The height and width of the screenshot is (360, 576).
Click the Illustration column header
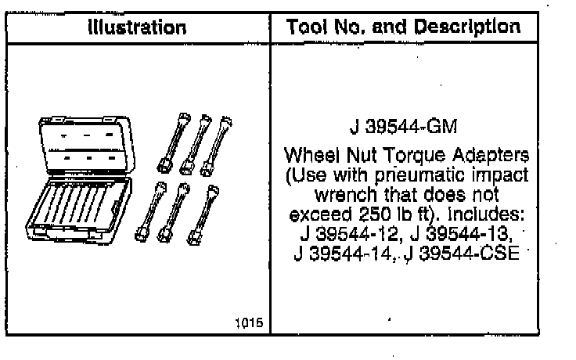(x=137, y=27)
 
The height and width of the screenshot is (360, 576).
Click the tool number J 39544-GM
(x=403, y=127)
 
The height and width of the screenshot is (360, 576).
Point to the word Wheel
(x=312, y=155)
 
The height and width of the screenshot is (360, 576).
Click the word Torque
(x=415, y=156)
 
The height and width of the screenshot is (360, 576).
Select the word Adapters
(x=491, y=156)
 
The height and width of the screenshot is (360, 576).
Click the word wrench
(x=346, y=194)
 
